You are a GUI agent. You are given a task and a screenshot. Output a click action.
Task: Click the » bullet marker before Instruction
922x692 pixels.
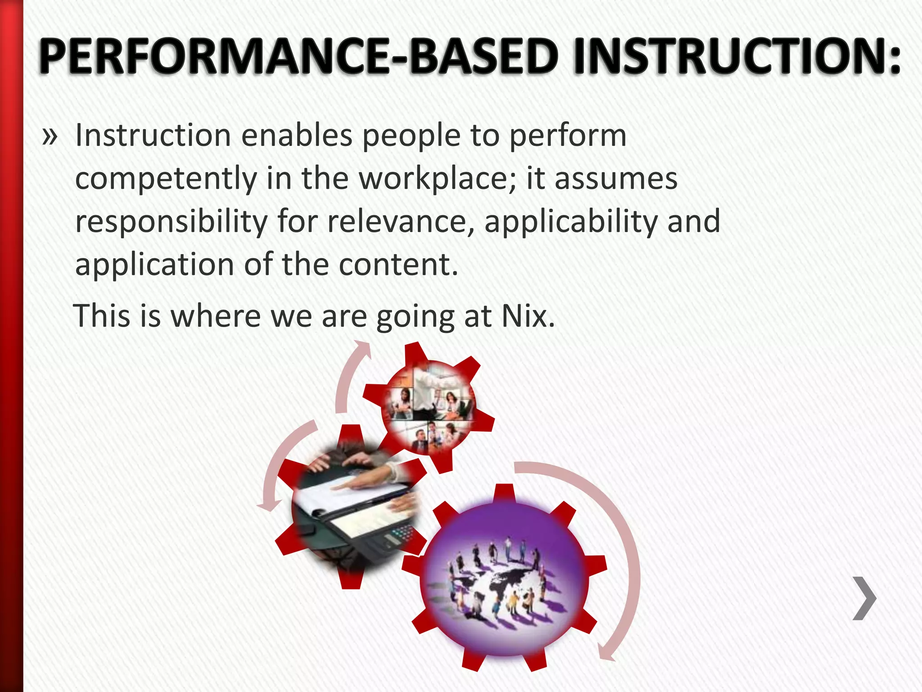click(x=50, y=136)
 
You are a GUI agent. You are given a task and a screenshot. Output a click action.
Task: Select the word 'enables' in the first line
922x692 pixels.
click(x=297, y=135)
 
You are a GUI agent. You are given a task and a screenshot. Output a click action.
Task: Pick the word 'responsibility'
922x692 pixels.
click(x=171, y=222)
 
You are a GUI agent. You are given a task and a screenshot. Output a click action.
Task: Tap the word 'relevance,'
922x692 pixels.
click(x=401, y=222)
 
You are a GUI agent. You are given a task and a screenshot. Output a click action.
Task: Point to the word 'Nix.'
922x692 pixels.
click(x=528, y=316)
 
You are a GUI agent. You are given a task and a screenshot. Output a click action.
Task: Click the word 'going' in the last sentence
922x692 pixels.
click(x=415, y=317)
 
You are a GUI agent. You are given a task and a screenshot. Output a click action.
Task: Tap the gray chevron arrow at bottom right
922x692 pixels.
click(x=864, y=598)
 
